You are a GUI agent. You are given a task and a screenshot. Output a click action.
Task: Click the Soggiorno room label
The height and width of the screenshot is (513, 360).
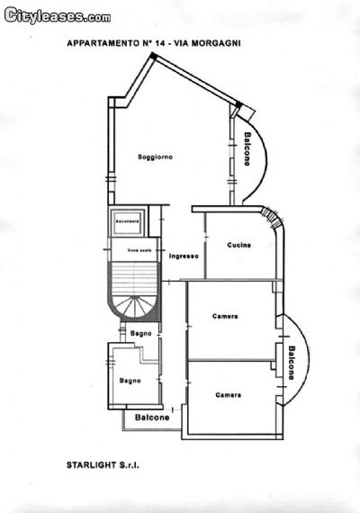(155, 157)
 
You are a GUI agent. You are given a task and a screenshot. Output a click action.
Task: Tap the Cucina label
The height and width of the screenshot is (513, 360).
(238, 245)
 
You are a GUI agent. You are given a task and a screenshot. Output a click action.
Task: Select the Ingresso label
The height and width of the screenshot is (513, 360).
(184, 256)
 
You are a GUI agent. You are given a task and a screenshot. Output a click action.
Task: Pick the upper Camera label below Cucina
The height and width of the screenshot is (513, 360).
(225, 316)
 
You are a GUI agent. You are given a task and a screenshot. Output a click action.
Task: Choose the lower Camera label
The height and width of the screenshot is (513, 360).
(228, 395)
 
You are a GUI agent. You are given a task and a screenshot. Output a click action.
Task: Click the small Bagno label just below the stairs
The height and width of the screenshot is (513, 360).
(140, 334)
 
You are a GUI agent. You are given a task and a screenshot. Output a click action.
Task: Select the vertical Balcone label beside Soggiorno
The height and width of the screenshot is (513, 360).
(247, 149)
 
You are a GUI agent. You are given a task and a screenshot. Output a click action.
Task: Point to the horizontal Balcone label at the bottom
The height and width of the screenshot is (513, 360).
(152, 418)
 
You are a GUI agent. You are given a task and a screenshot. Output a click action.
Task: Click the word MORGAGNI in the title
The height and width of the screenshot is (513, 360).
(219, 42)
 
